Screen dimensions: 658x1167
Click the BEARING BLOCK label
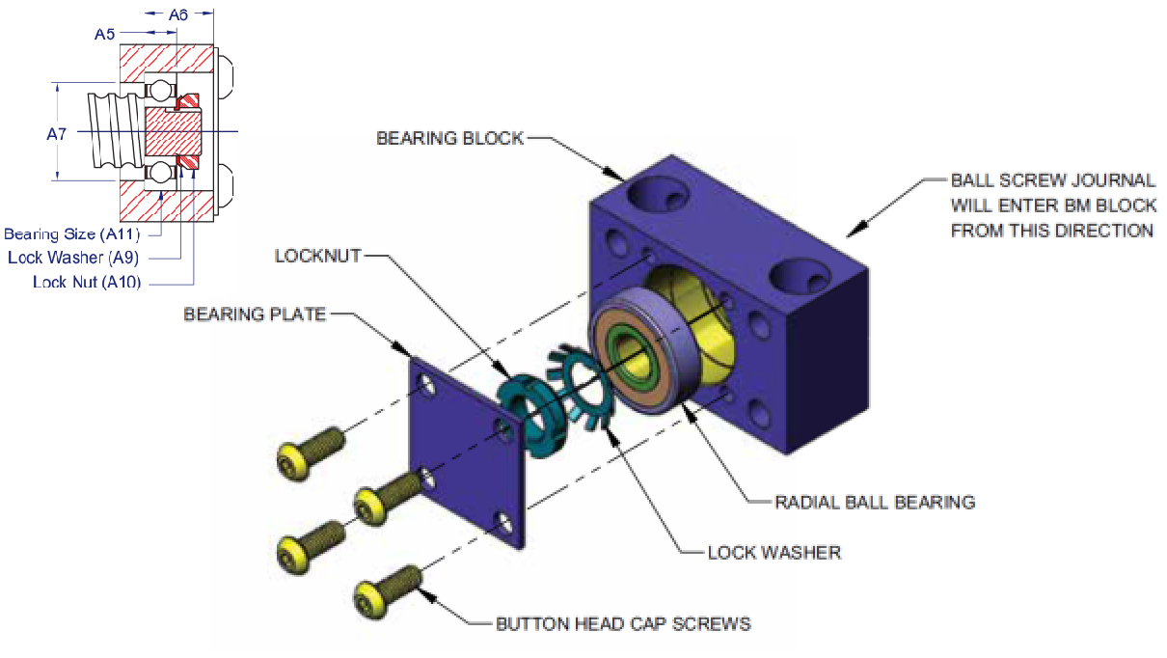tap(449, 138)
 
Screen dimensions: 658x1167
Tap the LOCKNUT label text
tap(317, 256)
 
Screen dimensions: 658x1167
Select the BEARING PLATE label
tap(255, 315)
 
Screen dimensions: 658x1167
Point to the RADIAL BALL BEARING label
tap(875, 502)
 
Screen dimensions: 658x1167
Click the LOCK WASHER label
tap(773, 553)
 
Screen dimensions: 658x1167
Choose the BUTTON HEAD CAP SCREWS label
tap(623, 623)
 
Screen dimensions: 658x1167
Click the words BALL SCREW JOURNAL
tap(1052, 180)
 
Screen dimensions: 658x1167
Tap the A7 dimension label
tap(57, 134)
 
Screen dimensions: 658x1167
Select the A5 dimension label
tap(104, 34)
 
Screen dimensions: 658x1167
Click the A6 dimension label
tap(178, 14)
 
